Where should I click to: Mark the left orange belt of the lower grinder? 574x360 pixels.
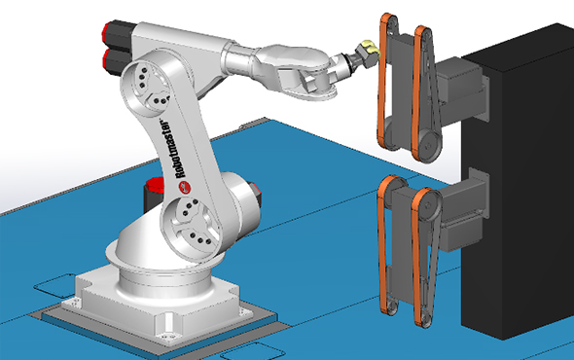(387, 243)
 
